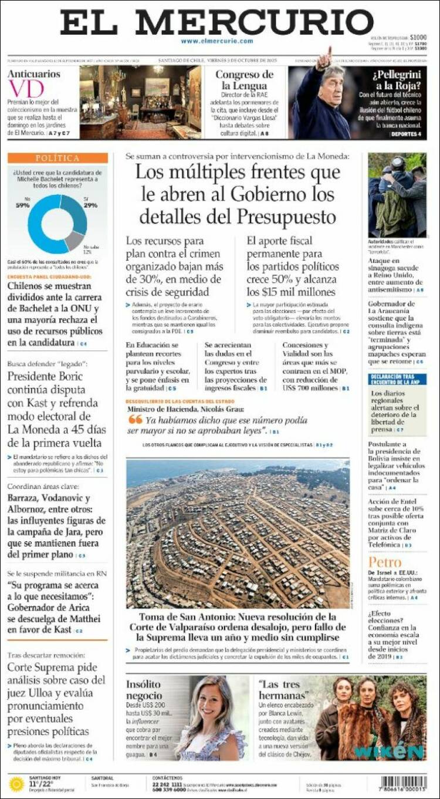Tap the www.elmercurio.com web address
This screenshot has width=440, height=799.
click(x=217, y=41)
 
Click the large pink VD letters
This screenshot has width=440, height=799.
click(x=26, y=89)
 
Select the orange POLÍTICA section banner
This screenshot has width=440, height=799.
click(x=57, y=158)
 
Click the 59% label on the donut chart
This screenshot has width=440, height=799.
click(x=23, y=205)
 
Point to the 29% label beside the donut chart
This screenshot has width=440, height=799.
click(x=90, y=205)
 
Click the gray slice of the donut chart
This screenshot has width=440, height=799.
click(x=73, y=240)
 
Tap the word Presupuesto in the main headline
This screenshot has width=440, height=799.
click(x=287, y=217)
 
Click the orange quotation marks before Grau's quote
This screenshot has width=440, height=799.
click(x=135, y=419)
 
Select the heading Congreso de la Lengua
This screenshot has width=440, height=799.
click(x=244, y=79)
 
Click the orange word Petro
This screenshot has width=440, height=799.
click(x=385, y=562)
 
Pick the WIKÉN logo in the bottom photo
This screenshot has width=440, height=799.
click(x=388, y=752)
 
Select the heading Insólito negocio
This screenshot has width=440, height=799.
click(x=144, y=690)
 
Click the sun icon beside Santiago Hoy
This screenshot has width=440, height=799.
click(x=16, y=784)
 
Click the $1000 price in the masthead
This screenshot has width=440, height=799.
click(x=418, y=36)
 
